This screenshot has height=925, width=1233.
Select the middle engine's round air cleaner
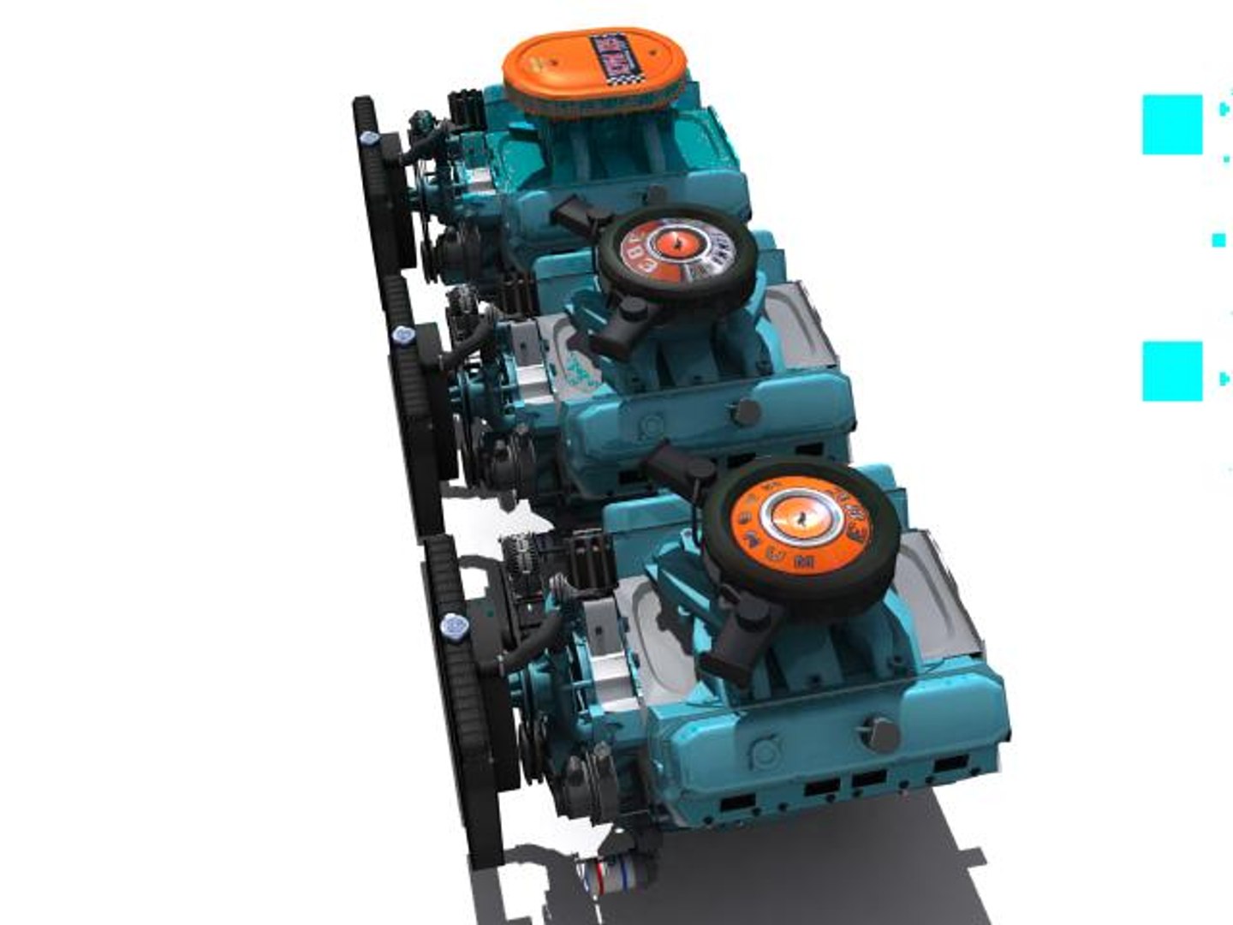tap(676, 248)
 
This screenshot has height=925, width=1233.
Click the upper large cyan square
tap(1172, 125)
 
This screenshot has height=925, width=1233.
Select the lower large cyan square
tap(1172, 371)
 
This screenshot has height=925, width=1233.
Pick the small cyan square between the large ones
tap(1218, 241)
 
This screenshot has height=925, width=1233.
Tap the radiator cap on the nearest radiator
tap(452, 627)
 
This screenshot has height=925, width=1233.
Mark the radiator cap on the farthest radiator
tap(369, 139)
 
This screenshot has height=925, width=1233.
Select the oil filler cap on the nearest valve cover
tap(878, 733)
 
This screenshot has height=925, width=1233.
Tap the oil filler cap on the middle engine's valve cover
tap(745, 412)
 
